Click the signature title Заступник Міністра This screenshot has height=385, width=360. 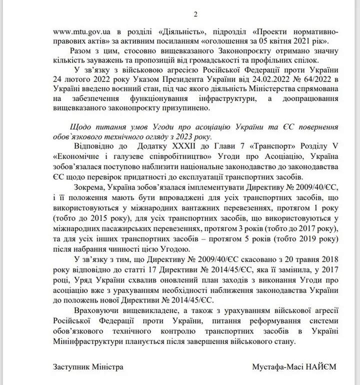point(87,366)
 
